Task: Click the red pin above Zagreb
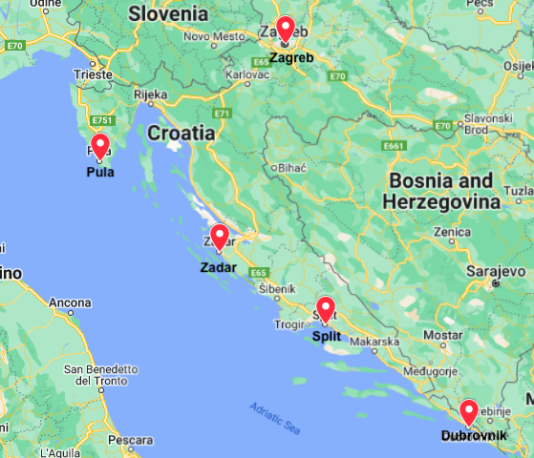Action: click(285, 29)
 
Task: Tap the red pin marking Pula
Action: click(99, 147)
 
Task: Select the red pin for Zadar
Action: click(219, 237)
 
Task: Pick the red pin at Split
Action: click(326, 309)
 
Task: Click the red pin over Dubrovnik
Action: click(468, 411)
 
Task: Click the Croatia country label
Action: click(181, 133)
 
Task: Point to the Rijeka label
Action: click(150, 94)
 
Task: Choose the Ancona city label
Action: click(70, 302)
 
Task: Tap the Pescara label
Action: click(130, 441)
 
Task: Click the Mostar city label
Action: click(442, 335)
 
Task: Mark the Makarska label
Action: click(373, 341)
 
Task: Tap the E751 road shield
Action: click(100, 121)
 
